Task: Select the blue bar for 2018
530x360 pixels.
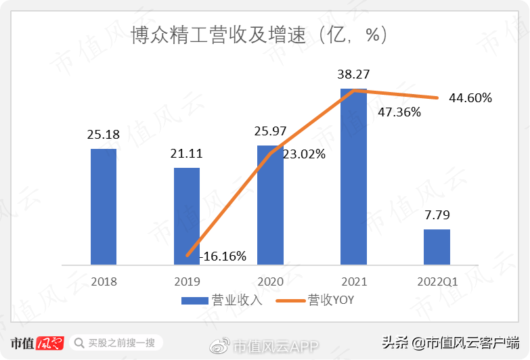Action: click(104, 206)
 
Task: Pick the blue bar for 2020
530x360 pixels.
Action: click(270, 204)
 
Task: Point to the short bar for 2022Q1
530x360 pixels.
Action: click(437, 246)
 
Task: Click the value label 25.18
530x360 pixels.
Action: click(104, 135)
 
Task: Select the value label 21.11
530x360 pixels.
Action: click(187, 154)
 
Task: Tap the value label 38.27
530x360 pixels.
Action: click(353, 74)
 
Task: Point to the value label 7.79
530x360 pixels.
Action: click(437, 216)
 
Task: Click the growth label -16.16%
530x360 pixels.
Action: click(223, 256)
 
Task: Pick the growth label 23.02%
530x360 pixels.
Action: click(304, 154)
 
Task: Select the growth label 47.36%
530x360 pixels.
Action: click(399, 112)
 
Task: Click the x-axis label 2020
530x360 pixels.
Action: click(269, 282)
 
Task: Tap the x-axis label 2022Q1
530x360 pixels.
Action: click(436, 282)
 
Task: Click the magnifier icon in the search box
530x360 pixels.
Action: click(79, 343)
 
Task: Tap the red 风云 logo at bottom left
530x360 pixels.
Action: click(49, 342)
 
